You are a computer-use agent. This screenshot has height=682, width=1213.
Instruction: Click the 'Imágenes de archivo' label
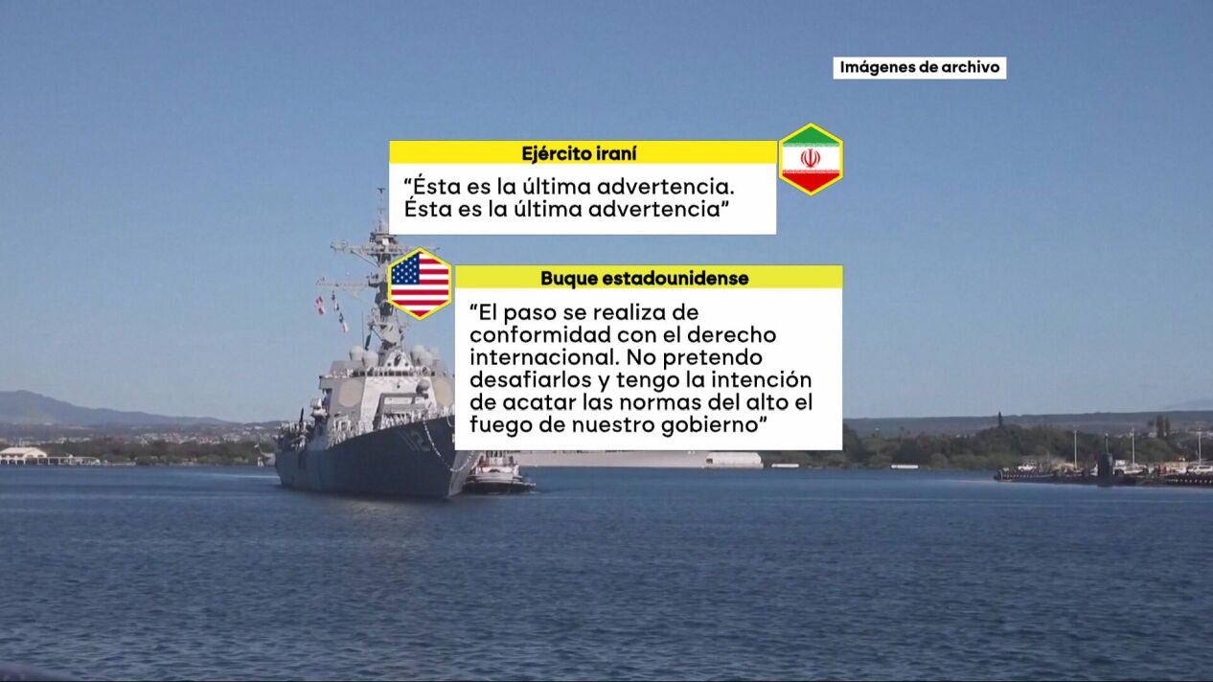pos(920,68)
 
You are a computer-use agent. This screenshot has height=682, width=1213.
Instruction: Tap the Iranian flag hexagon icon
pos(811,159)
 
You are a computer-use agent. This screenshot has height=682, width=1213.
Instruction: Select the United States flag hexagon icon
pos(420,284)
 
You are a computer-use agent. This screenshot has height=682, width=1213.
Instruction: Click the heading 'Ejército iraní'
pos(579,153)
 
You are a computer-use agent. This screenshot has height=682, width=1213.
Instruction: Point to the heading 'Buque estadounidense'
pos(645,278)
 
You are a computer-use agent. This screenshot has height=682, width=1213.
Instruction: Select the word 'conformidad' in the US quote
pos(541,335)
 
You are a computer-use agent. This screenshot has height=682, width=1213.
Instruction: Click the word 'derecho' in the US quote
pos(732,335)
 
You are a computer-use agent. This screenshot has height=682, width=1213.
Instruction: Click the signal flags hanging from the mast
pos(331,312)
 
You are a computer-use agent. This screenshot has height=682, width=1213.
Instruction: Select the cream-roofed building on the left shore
pos(23,455)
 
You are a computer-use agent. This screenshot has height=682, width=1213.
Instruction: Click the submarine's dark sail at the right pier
pos(1106,465)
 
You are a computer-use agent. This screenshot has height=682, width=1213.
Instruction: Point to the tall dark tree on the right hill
pos(999,421)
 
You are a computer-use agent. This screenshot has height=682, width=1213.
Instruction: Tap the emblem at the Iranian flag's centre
pos(811,159)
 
